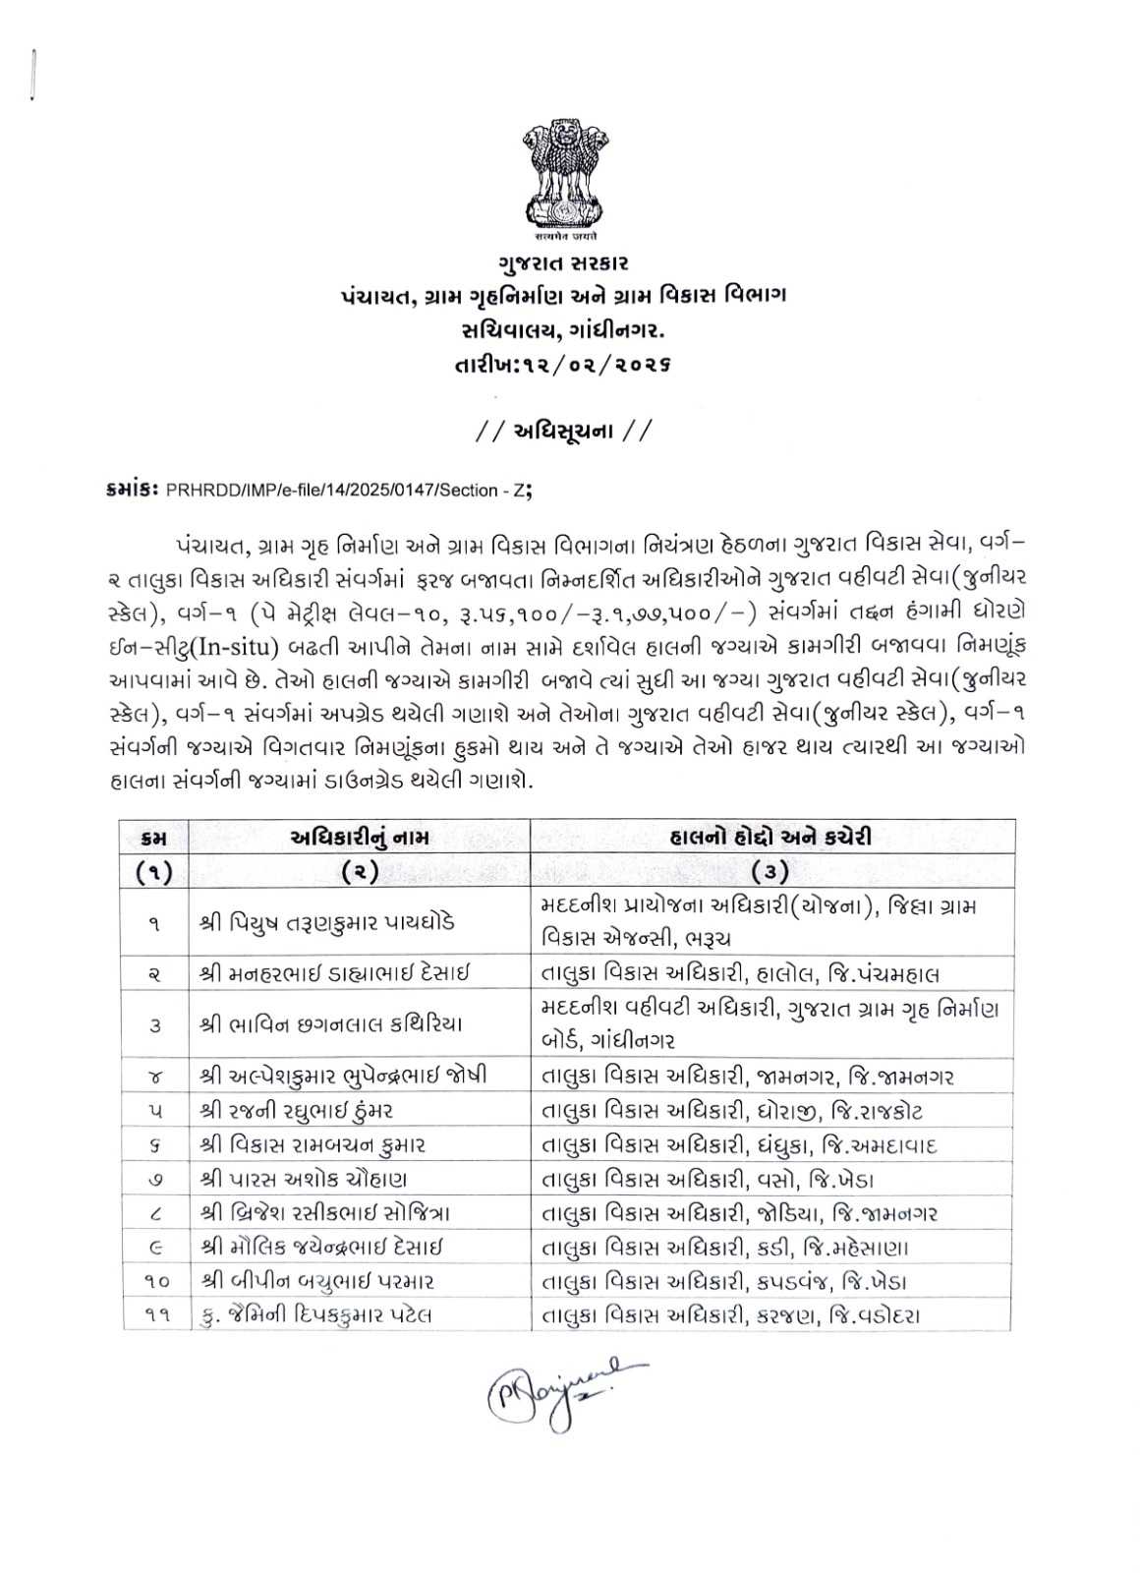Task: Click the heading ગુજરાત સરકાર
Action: coord(562,264)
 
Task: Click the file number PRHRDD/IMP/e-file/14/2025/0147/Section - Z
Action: coord(349,490)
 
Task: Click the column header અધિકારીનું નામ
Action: coord(360,838)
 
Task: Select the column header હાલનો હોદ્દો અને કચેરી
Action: coord(772,838)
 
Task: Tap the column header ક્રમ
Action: coord(155,838)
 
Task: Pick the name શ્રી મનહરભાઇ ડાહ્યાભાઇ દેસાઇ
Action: coord(334,974)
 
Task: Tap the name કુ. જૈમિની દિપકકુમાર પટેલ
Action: coord(314,1315)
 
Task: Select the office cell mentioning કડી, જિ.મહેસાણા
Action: coord(727,1248)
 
